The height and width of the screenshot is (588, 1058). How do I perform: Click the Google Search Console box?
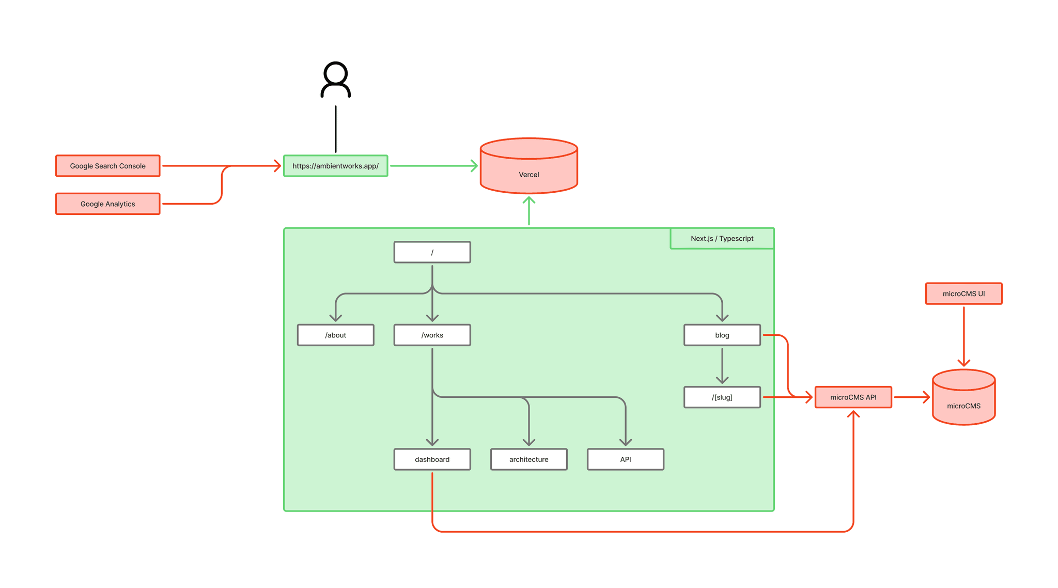[108, 166]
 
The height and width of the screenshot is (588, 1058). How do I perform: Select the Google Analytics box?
[108, 204]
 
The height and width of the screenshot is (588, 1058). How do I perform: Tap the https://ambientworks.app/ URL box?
[336, 166]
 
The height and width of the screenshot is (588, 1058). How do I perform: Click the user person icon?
[336, 80]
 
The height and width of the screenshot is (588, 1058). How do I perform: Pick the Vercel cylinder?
[529, 166]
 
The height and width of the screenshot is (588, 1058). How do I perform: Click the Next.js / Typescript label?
[722, 238]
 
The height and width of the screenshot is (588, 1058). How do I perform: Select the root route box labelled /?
[432, 252]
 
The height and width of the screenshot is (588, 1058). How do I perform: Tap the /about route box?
[336, 335]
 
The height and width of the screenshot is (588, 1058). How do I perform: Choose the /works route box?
[432, 335]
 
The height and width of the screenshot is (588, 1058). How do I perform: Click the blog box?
[722, 335]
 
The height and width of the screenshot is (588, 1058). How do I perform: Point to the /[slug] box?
[722, 397]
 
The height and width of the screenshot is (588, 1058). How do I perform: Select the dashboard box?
[432, 459]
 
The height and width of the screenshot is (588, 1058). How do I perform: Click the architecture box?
[529, 459]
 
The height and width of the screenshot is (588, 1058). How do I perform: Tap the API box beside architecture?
[626, 459]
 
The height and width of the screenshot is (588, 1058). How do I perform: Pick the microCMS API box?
[853, 397]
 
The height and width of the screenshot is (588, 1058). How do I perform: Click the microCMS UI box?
[964, 293]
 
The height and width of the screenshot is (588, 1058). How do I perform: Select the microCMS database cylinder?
[964, 397]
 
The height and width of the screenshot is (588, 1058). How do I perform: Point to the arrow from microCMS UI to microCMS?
[964, 337]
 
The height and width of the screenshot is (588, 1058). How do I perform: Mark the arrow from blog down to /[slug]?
[722, 366]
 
